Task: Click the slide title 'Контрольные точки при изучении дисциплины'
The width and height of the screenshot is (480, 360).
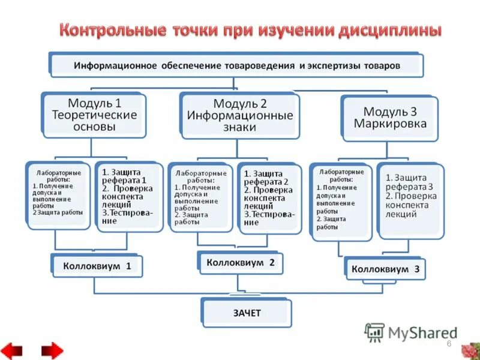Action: click(250, 29)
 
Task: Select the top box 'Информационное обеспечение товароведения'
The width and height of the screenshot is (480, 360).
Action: click(236, 65)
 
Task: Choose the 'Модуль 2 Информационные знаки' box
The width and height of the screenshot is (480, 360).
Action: click(239, 115)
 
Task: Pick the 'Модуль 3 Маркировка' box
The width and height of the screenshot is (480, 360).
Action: click(389, 117)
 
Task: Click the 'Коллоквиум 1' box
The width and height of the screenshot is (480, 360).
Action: click(97, 266)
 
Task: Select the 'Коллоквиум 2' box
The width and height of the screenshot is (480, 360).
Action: click(240, 263)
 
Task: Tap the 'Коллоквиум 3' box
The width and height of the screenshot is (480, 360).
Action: click(385, 269)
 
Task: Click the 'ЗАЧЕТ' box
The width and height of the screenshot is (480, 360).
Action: click(247, 313)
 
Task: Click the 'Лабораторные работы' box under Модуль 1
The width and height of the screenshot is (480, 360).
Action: click(59, 193)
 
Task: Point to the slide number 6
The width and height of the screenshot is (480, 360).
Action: click(448, 343)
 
